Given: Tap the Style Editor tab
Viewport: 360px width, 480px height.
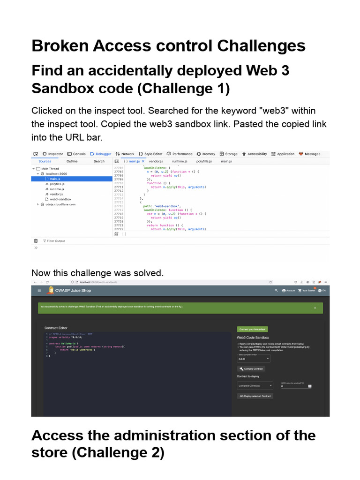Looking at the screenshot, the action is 150,154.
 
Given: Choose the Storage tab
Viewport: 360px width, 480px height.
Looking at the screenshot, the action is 229,154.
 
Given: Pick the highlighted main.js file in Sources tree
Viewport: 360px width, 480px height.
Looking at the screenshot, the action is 55,179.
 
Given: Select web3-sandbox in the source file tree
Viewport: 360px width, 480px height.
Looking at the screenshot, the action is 60,199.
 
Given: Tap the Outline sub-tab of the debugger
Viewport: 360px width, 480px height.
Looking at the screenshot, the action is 72,161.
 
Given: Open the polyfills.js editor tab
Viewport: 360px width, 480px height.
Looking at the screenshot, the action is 204,161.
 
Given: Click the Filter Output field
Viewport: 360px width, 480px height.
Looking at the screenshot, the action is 56,241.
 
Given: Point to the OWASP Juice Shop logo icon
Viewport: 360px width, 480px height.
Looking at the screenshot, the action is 51,291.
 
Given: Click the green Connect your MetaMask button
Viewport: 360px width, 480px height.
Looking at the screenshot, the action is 253,329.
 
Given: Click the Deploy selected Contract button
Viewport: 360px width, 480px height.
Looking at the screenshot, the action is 255,396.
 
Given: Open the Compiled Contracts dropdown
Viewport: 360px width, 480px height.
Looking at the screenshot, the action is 255,385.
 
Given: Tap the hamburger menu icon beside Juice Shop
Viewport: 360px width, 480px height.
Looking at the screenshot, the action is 39,291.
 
